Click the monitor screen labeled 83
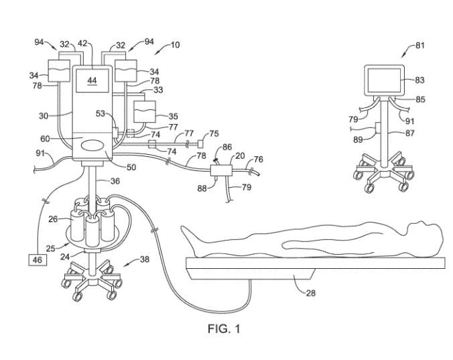(384, 80)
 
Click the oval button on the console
(92, 145)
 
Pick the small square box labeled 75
(200, 143)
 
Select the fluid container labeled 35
(144, 109)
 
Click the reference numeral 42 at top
(83, 42)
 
